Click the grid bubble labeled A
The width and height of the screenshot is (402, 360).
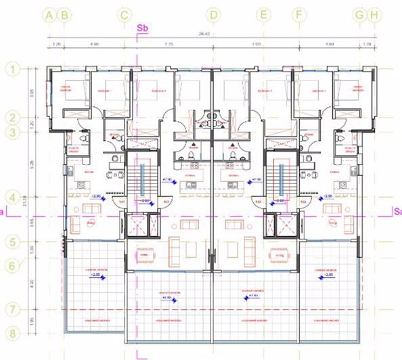point(49,14)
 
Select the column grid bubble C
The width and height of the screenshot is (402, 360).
point(124,14)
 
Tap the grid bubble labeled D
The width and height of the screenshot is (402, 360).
point(214,14)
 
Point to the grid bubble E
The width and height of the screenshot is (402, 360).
point(264,14)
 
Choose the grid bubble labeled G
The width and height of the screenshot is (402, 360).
point(359,14)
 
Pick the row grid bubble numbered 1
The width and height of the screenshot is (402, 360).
point(12,68)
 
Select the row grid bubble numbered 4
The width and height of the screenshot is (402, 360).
point(12,197)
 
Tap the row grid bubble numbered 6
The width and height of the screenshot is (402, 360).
point(12,266)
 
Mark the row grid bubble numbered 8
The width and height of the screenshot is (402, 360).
point(12,333)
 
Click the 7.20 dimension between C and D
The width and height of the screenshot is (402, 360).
point(169,45)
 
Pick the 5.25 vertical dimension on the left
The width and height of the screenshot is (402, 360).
point(32,163)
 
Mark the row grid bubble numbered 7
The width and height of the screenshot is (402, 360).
point(12,309)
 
